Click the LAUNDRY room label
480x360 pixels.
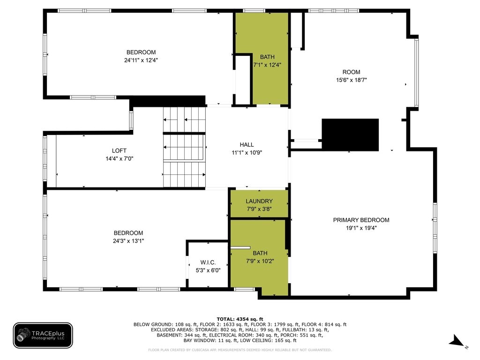[x=259, y=201]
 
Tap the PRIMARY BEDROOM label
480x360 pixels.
[x=361, y=220]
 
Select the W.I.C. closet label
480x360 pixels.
[x=208, y=262]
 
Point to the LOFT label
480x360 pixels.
[x=119, y=150]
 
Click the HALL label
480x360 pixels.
[x=247, y=144]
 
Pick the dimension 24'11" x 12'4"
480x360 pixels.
[x=141, y=60]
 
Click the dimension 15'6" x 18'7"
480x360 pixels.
[x=352, y=80]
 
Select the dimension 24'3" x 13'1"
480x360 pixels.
[x=128, y=241]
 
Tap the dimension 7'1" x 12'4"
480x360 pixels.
[x=267, y=65]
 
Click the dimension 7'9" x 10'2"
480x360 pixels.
[x=260, y=261]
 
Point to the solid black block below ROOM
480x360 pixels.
[x=350, y=135]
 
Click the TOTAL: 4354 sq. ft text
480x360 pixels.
[x=240, y=319]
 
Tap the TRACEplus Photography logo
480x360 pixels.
[x=43, y=336]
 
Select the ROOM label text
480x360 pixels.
[x=352, y=72]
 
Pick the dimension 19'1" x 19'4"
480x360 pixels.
[x=361, y=228]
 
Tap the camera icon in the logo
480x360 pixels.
[x=24, y=334]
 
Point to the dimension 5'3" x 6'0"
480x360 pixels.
[x=208, y=270]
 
